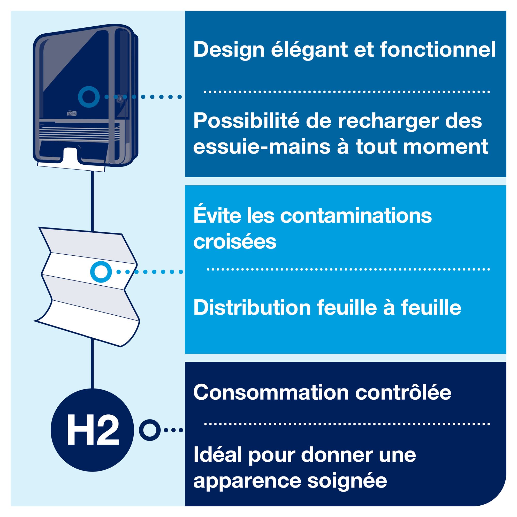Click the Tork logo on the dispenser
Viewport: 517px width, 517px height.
click(71, 113)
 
